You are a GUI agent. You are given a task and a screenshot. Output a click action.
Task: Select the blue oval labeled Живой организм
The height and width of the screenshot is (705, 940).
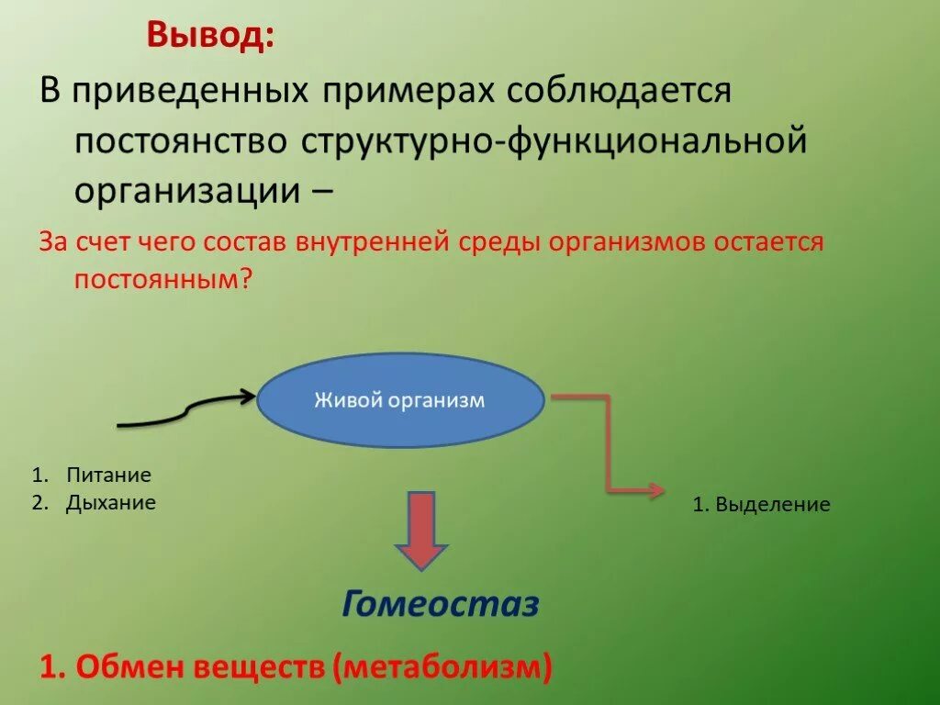(399, 401)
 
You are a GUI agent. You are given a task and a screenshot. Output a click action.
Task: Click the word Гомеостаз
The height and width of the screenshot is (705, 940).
(441, 604)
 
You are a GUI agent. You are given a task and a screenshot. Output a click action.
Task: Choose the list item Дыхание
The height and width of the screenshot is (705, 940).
(110, 502)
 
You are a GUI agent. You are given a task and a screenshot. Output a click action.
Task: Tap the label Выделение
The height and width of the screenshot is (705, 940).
(773, 504)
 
